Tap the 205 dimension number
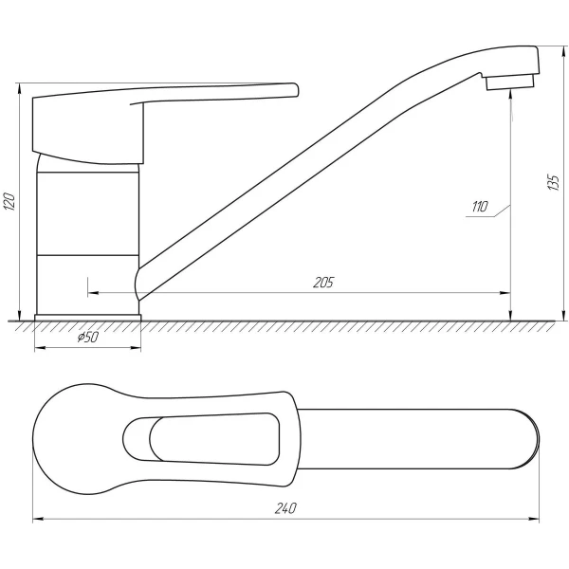coord(321,282)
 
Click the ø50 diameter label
coord(86,338)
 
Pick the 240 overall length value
coord(285,509)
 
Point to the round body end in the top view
coord(71,440)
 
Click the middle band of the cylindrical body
coord(87,213)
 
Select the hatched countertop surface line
coord(284,322)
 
